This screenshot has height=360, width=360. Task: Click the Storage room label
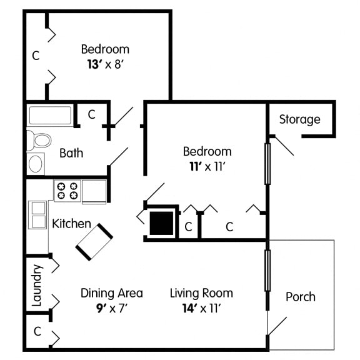(299, 119)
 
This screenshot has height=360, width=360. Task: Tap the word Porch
(300, 297)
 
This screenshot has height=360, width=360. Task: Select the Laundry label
(36, 285)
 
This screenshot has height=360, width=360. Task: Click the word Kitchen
(71, 224)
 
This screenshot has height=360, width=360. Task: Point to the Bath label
(71, 152)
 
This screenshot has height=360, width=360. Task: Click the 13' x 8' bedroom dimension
(105, 63)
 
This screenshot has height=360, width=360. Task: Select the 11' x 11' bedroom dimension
(207, 166)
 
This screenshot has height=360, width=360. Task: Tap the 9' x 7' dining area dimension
(112, 308)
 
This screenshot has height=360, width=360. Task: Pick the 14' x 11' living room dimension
(201, 308)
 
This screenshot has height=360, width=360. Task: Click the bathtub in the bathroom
(51, 116)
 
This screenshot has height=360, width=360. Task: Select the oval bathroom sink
(36, 164)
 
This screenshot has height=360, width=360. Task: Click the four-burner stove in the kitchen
(67, 191)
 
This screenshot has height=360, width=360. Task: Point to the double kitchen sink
(37, 214)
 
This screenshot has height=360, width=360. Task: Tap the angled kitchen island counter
(95, 241)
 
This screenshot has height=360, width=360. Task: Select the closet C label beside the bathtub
(91, 114)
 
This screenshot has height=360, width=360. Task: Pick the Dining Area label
(112, 293)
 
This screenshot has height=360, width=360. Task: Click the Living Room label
(201, 293)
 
